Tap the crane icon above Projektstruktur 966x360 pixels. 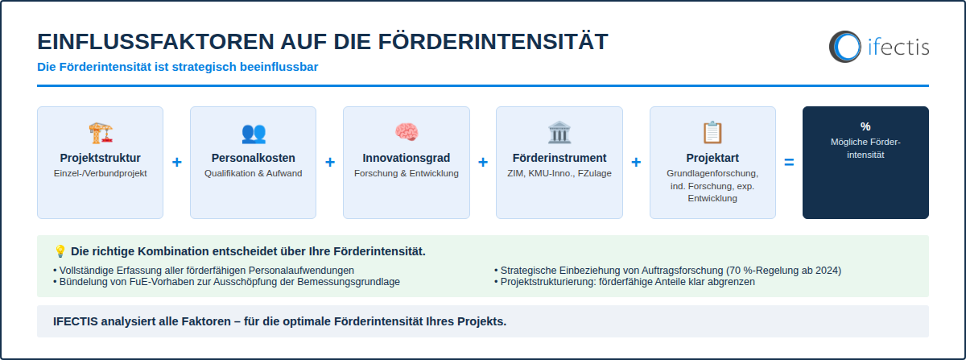tap(101, 133)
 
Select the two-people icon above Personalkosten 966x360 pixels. tap(254, 133)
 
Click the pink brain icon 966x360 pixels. tap(407, 132)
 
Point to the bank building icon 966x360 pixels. tap(559, 132)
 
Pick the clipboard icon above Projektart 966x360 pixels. tap(712, 132)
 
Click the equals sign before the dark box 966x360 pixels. tap(789, 163)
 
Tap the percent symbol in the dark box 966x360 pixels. tap(865, 126)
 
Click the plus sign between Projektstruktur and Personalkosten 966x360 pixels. tap(177, 163)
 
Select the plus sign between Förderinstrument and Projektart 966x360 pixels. tap(636, 163)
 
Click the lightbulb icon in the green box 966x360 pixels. tap(60, 251)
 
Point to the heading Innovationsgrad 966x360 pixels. tap(407, 158)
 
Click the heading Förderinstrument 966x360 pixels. tap(559, 158)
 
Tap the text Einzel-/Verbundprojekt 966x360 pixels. tap(100, 173)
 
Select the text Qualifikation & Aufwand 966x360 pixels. tap(253, 173)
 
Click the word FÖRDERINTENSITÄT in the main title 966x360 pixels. tap(493, 41)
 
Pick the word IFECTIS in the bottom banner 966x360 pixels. tap(76, 321)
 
